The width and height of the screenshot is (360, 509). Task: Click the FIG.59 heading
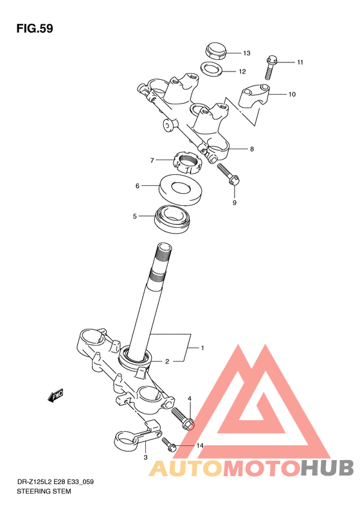35,28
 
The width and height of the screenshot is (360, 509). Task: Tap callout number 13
246,53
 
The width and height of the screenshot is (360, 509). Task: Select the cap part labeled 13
215,50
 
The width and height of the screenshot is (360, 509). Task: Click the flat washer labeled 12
212,68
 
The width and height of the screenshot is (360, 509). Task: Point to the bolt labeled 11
270,68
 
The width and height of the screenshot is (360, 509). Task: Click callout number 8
251,149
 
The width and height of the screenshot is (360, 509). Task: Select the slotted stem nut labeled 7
189,163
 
